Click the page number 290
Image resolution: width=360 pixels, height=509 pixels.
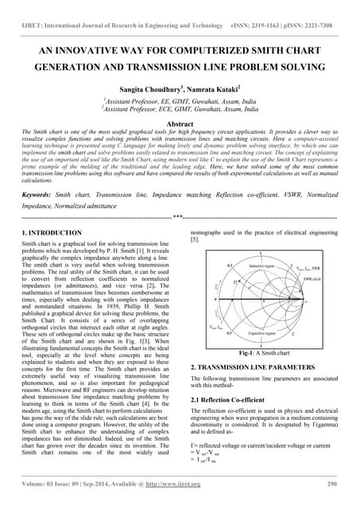tap(331, 484)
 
